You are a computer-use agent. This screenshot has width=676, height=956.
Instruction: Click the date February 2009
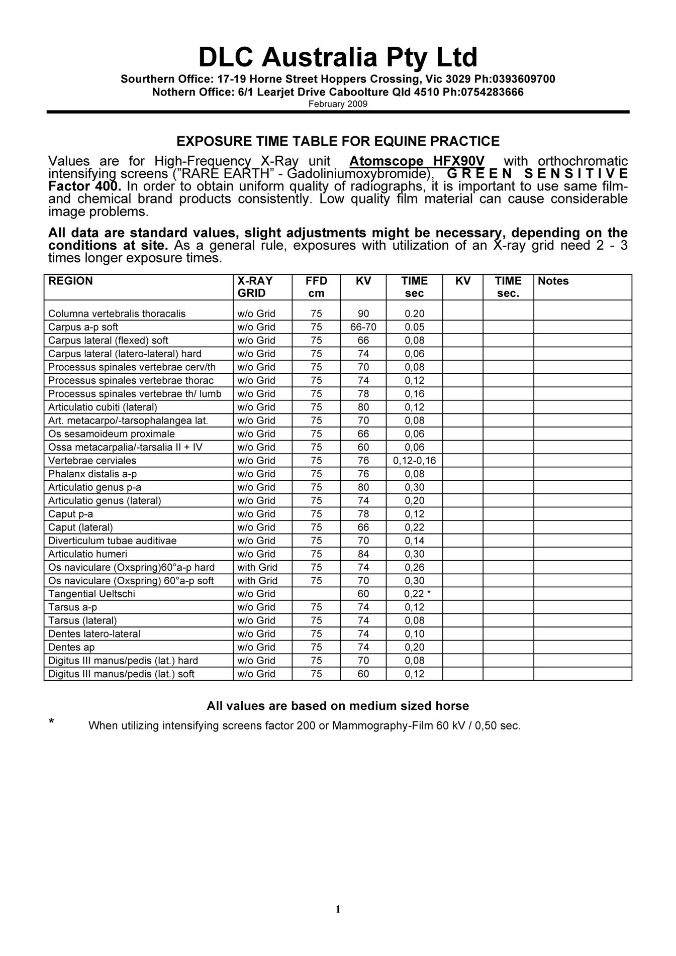click(338, 104)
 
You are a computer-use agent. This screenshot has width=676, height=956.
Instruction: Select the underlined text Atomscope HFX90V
click(417, 161)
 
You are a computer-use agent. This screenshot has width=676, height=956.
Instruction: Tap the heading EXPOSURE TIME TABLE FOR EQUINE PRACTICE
click(338, 141)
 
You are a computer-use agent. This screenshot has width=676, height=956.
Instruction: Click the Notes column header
click(553, 281)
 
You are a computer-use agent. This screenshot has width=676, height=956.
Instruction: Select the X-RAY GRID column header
click(255, 287)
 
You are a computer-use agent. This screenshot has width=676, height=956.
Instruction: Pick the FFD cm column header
click(316, 287)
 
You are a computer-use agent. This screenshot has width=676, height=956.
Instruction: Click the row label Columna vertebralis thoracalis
click(117, 314)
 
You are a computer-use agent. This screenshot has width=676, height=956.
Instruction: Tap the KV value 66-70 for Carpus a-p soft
click(363, 327)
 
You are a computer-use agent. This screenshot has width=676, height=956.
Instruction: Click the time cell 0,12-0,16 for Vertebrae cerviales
click(414, 461)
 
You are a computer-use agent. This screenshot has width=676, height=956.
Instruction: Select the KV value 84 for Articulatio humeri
click(363, 554)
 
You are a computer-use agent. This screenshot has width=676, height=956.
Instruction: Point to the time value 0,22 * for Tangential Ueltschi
click(417, 594)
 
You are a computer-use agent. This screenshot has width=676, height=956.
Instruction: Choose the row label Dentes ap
click(71, 648)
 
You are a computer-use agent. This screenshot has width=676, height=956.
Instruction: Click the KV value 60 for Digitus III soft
click(363, 674)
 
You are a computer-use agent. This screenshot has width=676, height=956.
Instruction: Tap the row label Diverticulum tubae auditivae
click(112, 541)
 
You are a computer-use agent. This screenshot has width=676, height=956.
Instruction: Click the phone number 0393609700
click(524, 79)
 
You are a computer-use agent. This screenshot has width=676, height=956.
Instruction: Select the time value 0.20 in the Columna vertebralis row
click(414, 314)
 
